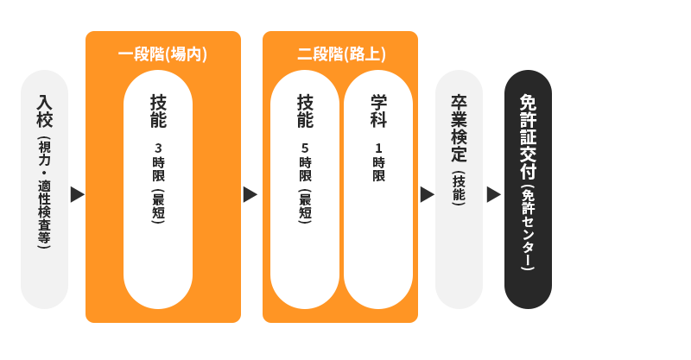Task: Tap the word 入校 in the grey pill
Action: pos(44,112)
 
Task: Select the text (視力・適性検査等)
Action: pos(44,193)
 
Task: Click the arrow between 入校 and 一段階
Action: pos(77,194)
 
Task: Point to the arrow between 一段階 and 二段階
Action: pos(250,194)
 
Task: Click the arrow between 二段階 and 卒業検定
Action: pos(427,194)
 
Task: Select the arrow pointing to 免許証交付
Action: pos(493,194)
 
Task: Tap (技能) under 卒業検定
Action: pos(459,187)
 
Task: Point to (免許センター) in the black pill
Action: pos(528,229)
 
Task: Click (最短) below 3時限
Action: pos(158,206)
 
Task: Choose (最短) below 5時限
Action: pos(305,206)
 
